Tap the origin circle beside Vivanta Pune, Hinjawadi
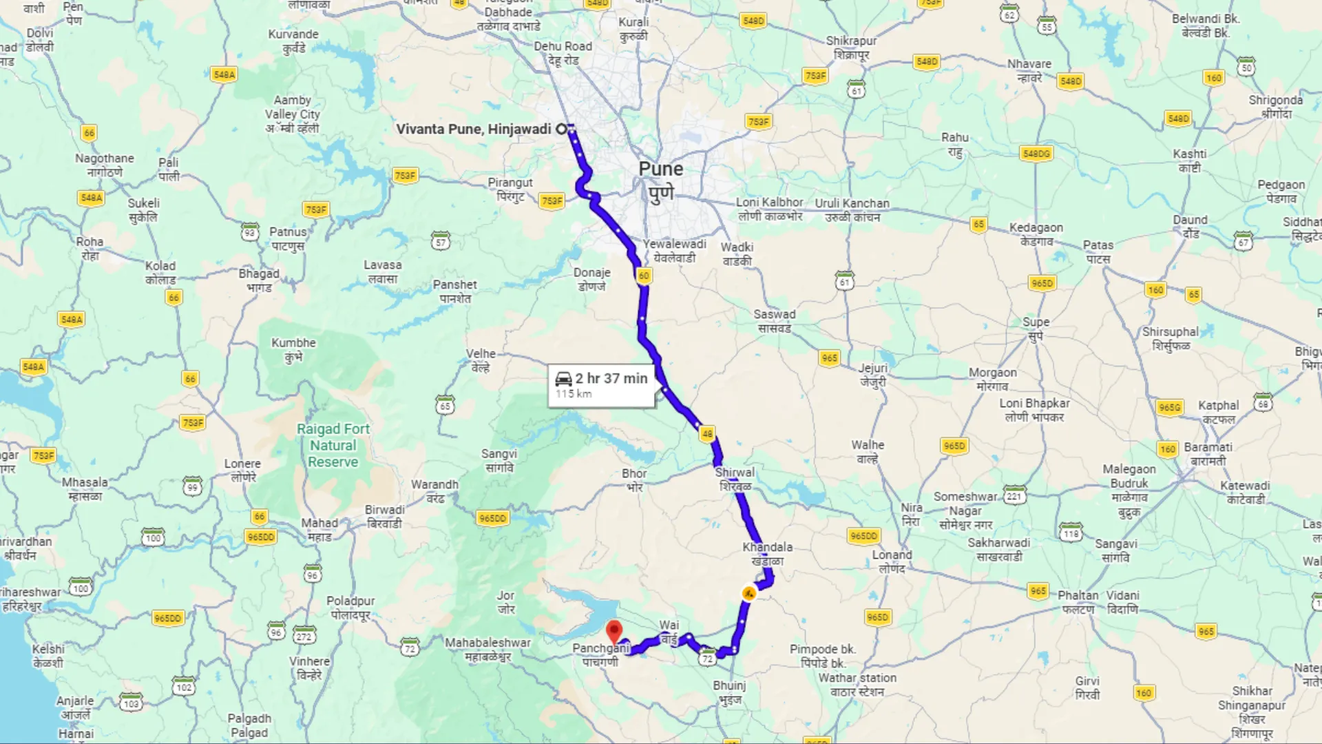(562, 129)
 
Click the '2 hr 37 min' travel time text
(611, 378)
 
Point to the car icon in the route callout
(563, 378)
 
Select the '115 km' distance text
(574, 394)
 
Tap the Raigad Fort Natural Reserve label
(333, 445)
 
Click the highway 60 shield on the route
(644, 276)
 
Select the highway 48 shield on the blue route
(707, 433)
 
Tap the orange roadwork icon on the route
(749, 593)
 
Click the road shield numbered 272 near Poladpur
(304, 636)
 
